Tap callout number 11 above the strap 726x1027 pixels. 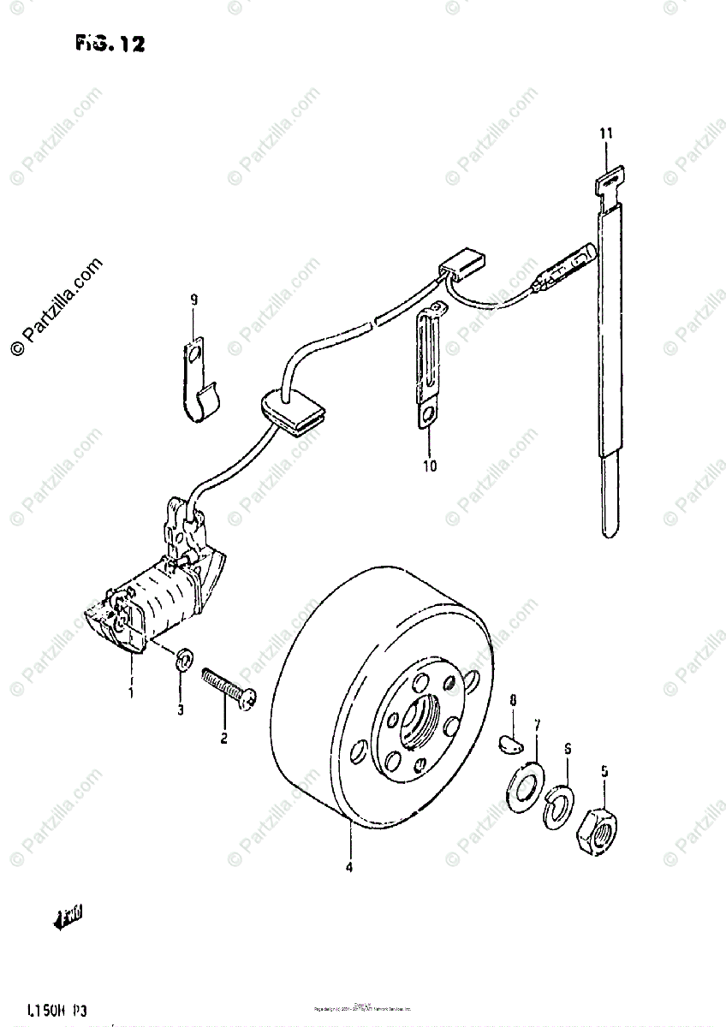click(605, 134)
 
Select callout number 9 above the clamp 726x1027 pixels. click(193, 300)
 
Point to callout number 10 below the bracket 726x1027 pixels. click(429, 466)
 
